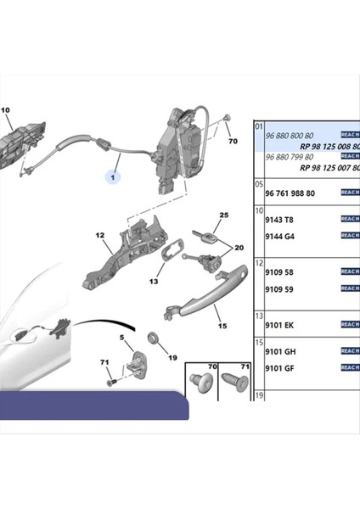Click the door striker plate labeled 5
click(x=135, y=365)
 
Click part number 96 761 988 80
click(x=290, y=193)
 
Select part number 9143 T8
click(x=281, y=217)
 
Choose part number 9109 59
click(x=281, y=288)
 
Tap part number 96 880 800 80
click(x=290, y=134)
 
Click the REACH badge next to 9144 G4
click(x=349, y=235)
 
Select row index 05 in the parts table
click(x=260, y=182)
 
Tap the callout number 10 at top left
click(x=4, y=110)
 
